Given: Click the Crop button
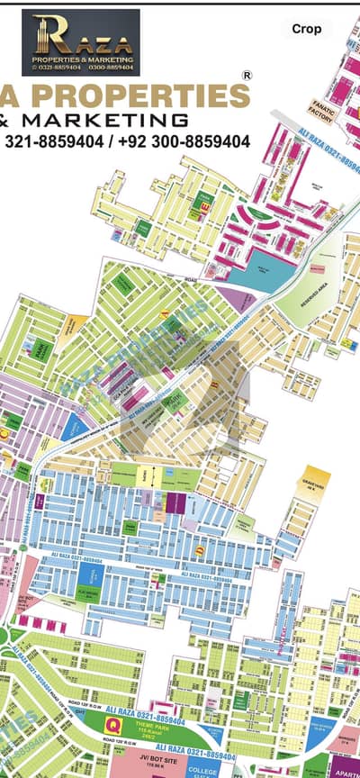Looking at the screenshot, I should tap(306, 29).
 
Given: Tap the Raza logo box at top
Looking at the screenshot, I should tap(80, 42).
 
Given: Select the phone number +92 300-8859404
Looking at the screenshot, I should tap(191, 141).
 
